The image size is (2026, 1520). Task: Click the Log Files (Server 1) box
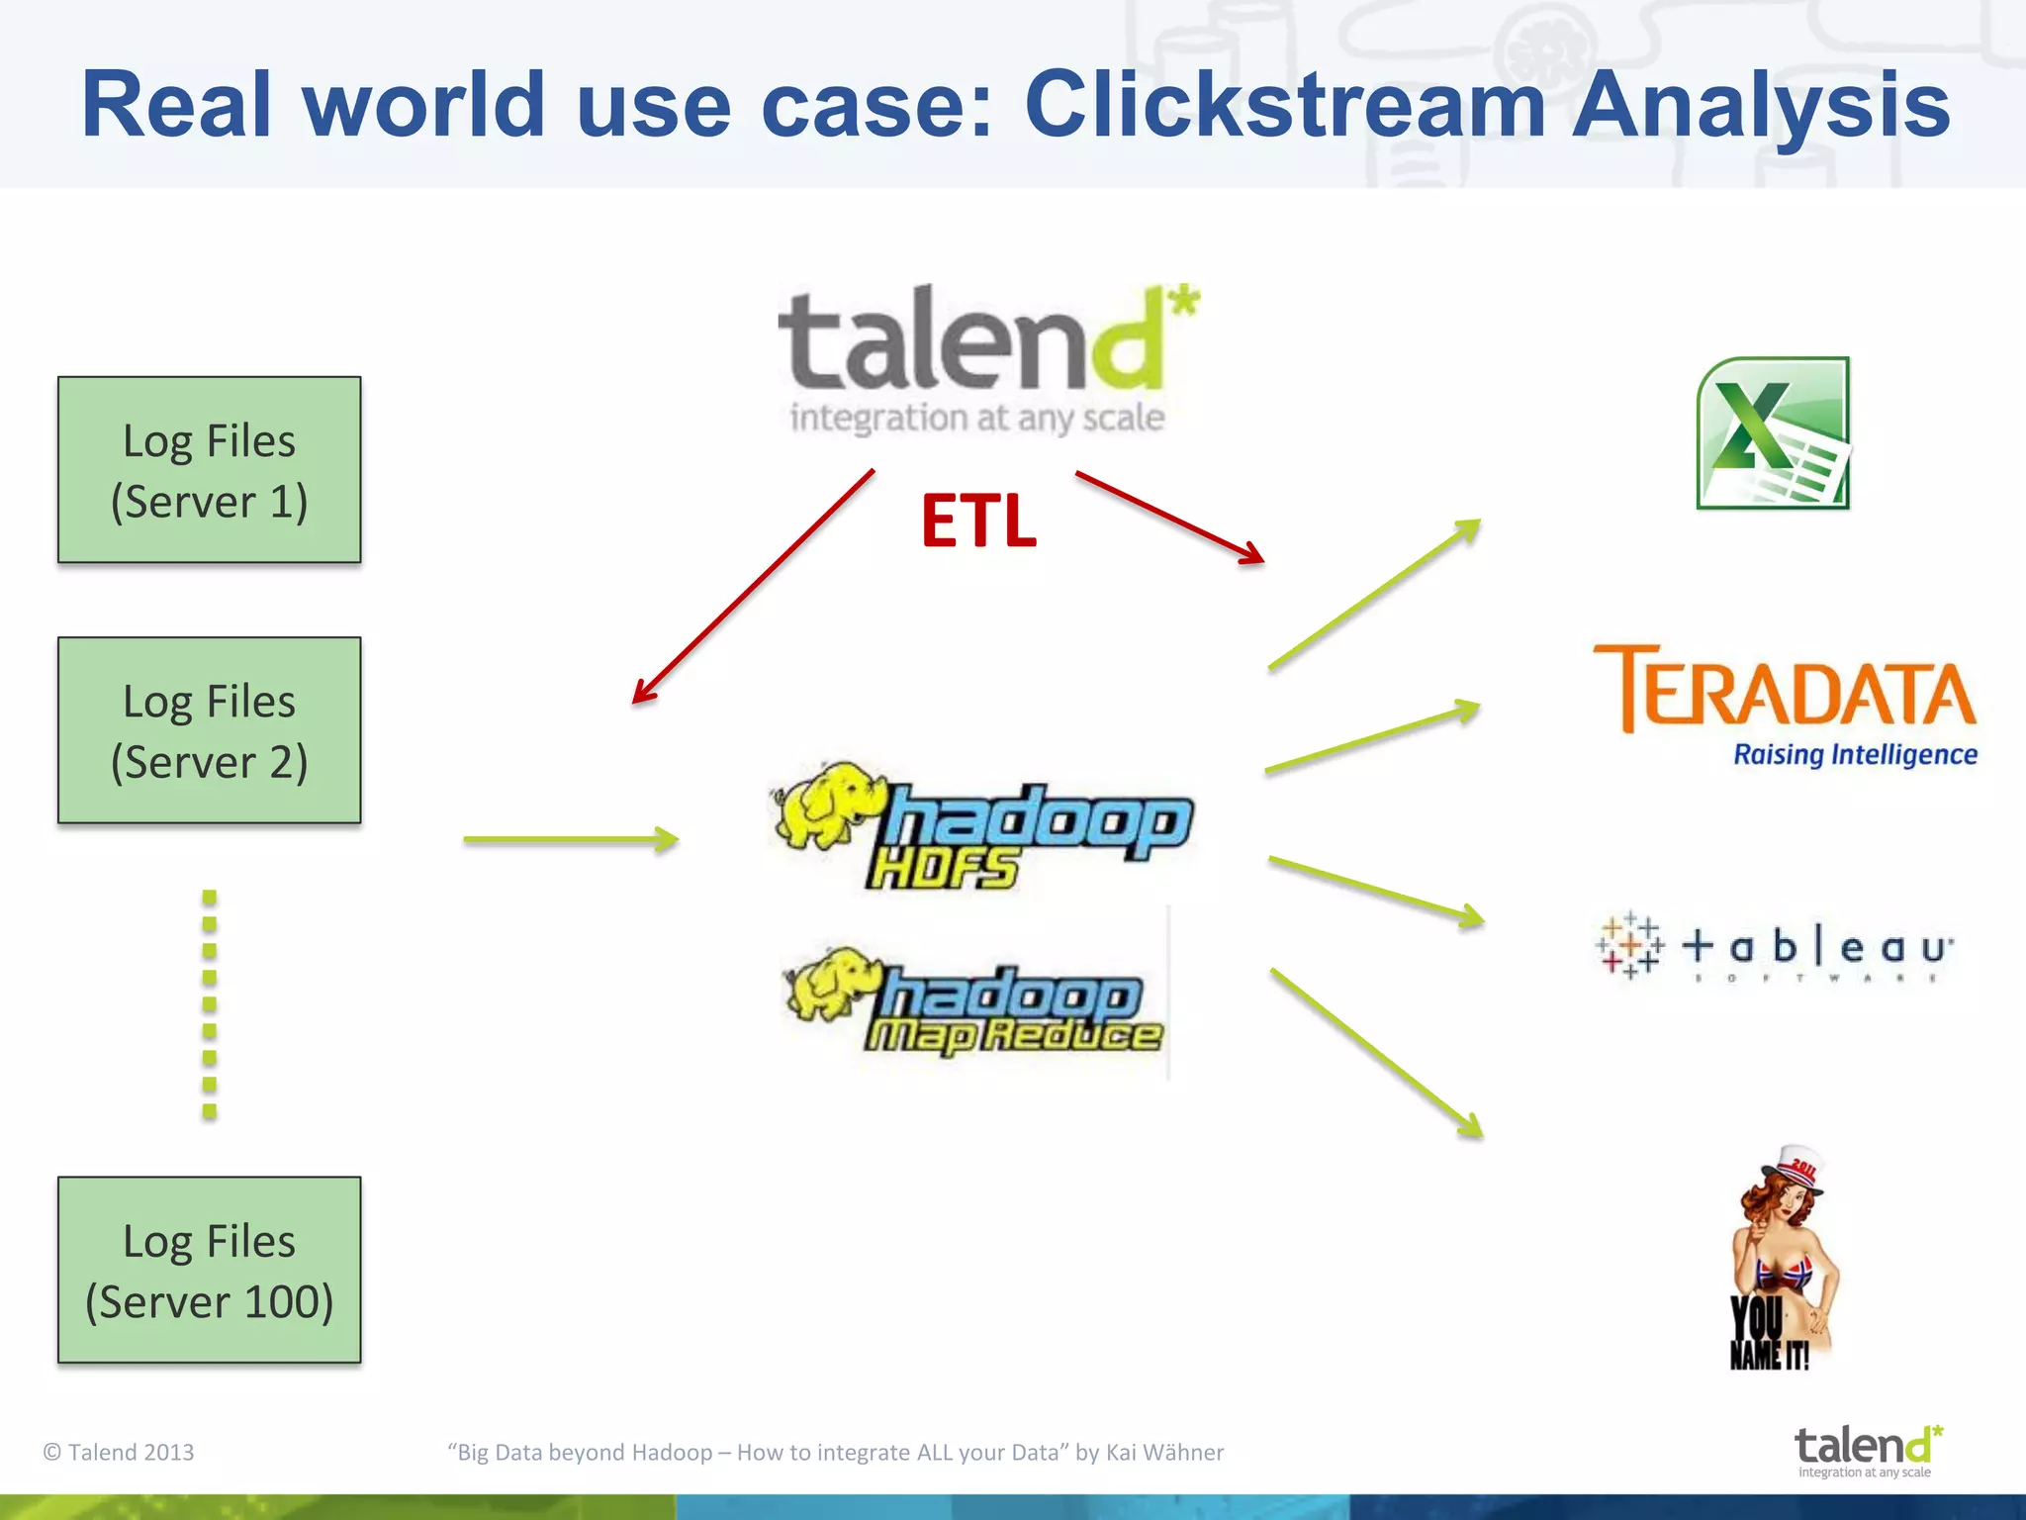(209, 470)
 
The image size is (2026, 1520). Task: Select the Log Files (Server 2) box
(209, 730)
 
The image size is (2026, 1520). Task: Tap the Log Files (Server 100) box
(209, 1270)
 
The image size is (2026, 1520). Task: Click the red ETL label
(978, 522)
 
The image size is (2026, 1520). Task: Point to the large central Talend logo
(984, 358)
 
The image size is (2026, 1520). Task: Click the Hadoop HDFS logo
(984, 826)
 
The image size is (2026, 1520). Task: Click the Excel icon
(1773, 433)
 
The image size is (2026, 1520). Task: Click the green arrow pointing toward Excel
(1374, 595)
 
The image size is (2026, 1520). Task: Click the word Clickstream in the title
(1285, 105)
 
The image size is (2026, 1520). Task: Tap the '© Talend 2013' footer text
(119, 1452)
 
